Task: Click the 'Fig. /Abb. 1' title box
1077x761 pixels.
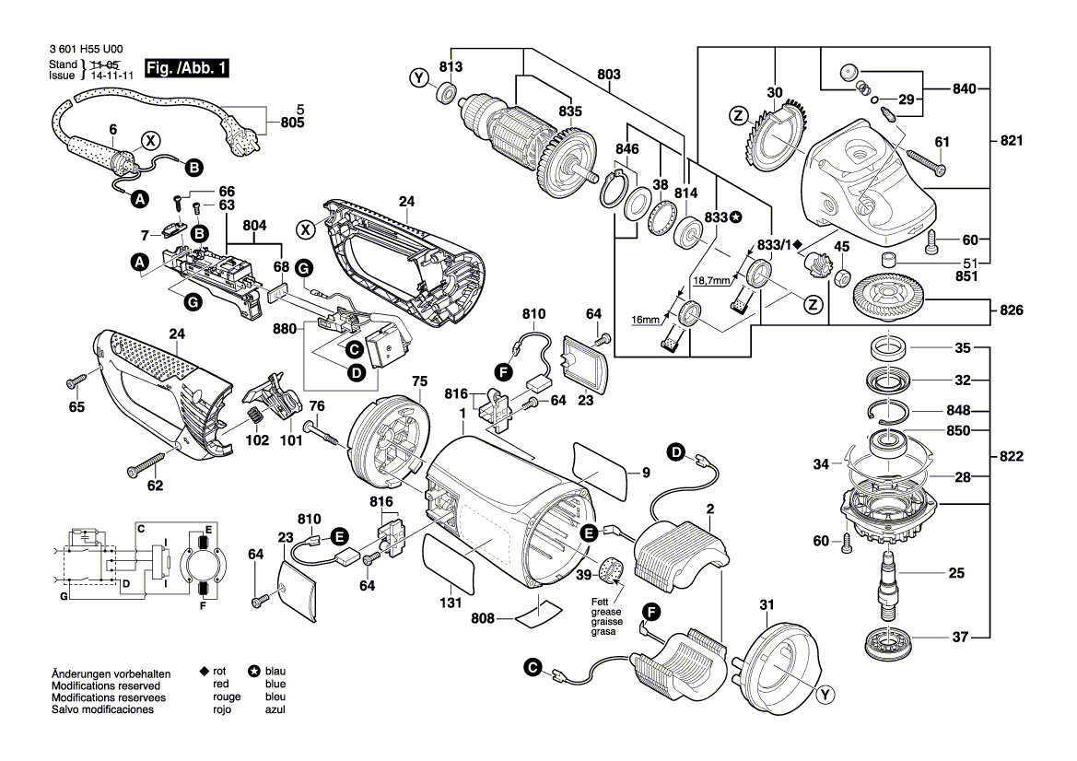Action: click(186, 68)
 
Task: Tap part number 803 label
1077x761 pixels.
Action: click(609, 75)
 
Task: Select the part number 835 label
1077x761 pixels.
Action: click(570, 111)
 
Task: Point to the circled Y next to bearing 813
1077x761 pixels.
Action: click(419, 77)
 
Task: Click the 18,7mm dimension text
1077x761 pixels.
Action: click(711, 281)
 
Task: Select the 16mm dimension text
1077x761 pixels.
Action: click(645, 320)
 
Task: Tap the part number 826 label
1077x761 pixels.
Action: click(1011, 310)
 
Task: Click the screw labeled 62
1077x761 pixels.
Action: click(146, 463)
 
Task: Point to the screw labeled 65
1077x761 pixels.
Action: click(76, 380)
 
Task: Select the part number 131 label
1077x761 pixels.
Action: click(451, 603)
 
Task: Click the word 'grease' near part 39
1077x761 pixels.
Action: click(606, 612)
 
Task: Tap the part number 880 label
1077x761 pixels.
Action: click(285, 329)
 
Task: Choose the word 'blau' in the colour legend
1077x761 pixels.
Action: click(275, 671)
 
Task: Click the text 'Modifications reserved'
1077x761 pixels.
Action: click(106, 685)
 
